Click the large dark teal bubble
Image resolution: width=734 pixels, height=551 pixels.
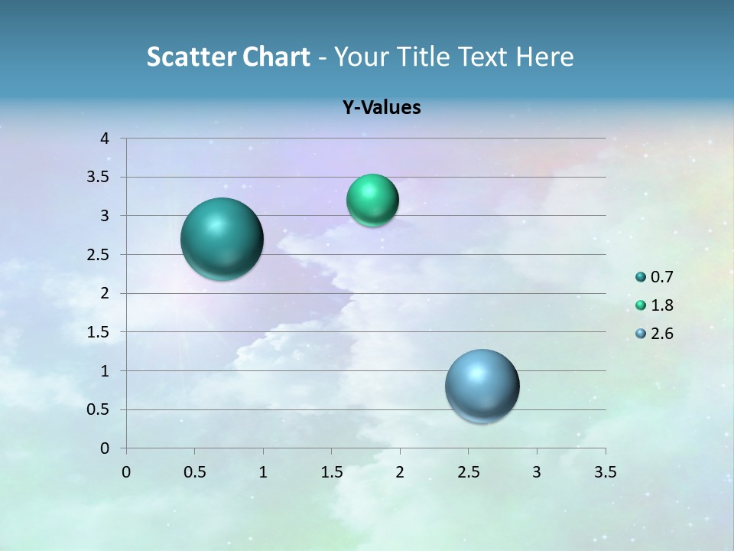tap(222, 239)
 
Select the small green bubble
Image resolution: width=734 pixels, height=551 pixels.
tap(372, 201)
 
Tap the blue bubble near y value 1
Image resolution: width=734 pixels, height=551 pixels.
tap(482, 386)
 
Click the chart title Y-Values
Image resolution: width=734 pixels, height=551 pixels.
tap(382, 108)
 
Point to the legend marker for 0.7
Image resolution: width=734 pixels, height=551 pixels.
tap(641, 277)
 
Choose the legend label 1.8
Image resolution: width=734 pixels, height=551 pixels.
tap(662, 305)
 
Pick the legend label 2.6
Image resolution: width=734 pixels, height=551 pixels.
tap(662, 334)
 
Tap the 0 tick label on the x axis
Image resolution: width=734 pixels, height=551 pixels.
tap(126, 472)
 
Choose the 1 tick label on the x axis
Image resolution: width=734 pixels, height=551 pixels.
tap(263, 472)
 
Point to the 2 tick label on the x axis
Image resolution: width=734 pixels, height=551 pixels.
tap(400, 472)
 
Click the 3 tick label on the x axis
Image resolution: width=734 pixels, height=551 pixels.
tap(537, 472)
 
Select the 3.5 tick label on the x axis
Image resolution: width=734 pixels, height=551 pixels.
tap(605, 472)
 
